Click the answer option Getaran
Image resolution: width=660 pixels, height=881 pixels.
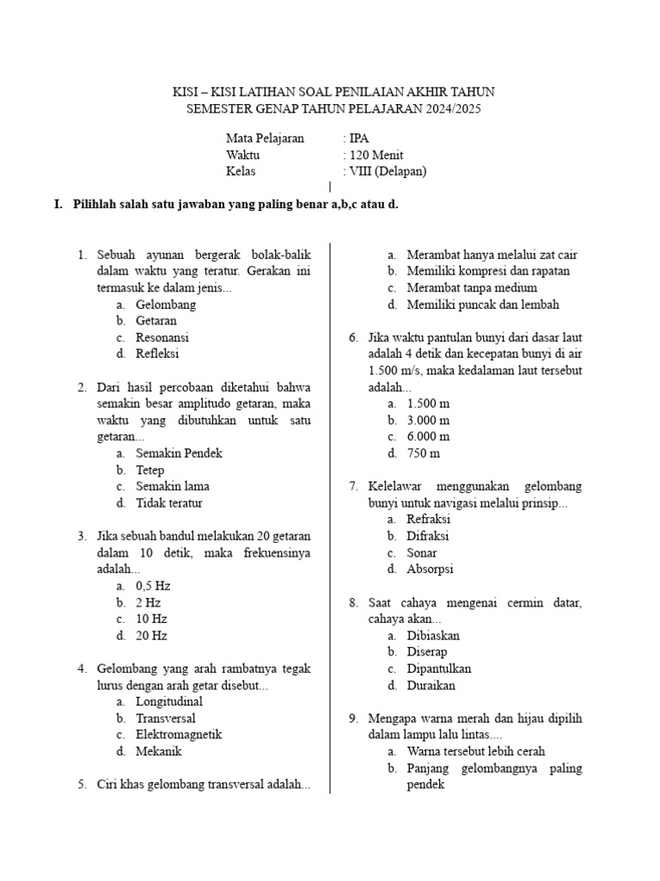tap(156, 321)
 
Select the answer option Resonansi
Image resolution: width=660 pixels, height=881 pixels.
tap(162, 337)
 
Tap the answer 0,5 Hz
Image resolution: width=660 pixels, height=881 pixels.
tap(152, 586)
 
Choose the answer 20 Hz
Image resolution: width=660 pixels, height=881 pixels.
tap(151, 636)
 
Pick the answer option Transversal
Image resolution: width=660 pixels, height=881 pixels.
tap(165, 718)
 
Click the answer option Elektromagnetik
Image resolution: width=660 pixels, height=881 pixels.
tap(179, 735)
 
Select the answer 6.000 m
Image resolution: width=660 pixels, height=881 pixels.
tap(428, 436)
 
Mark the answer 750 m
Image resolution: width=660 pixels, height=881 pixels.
tap(423, 453)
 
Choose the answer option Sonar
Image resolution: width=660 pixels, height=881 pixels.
tap(422, 552)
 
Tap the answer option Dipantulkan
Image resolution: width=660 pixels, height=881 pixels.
tap(439, 668)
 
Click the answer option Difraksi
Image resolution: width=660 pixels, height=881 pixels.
tap(428, 536)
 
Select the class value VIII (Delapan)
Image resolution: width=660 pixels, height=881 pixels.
tap(387, 171)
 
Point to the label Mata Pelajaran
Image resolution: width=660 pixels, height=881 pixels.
tap(265, 139)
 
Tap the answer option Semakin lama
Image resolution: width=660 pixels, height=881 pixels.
tap(172, 486)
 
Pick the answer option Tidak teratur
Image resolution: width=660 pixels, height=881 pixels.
tap(168, 503)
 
